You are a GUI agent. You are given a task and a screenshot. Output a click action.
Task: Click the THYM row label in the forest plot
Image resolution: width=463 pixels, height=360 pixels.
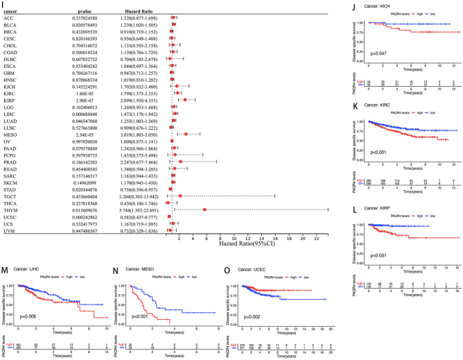(x=12, y=209)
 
